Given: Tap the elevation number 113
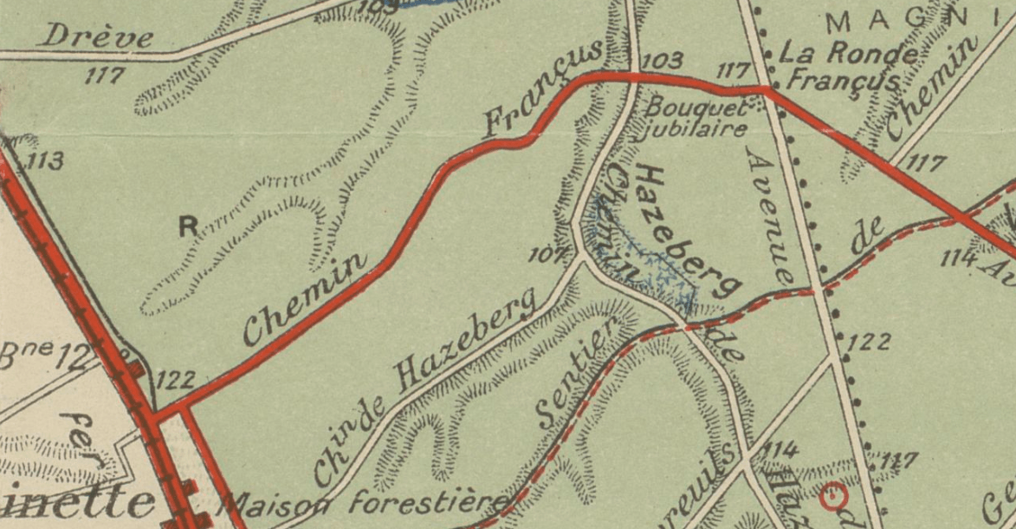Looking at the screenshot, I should (x=47, y=161).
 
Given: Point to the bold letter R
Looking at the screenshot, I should (x=188, y=227).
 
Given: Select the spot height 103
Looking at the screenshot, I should (x=664, y=62).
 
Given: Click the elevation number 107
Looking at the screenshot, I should (x=547, y=254).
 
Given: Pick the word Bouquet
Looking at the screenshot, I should (x=696, y=109).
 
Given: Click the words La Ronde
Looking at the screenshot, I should (x=848, y=52).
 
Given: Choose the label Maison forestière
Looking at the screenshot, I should (x=364, y=502).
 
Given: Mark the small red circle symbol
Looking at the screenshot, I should (x=832, y=495).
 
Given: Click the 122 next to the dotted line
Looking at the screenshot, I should (x=867, y=342).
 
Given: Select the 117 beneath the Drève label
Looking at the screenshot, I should (x=106, y=76).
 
